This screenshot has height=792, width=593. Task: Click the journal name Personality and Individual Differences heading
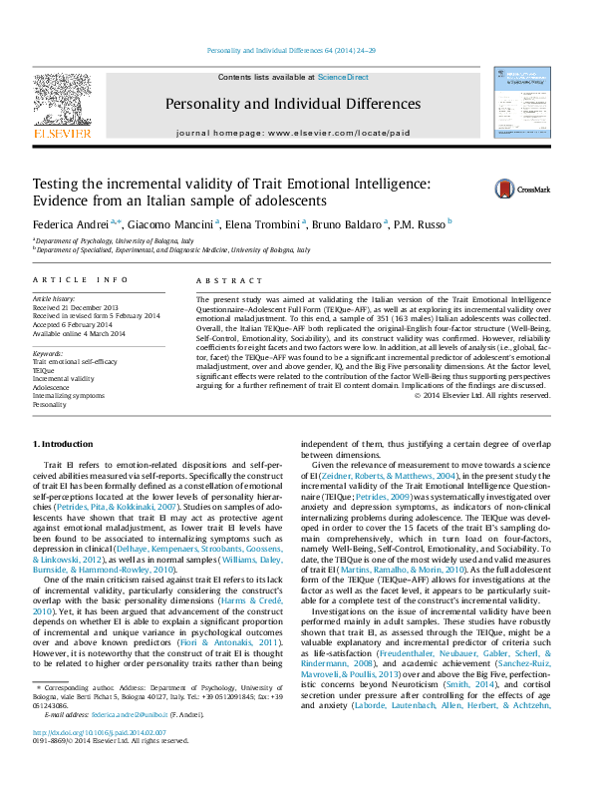coord(293,104)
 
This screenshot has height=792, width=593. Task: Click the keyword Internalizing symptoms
coord(67,397)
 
